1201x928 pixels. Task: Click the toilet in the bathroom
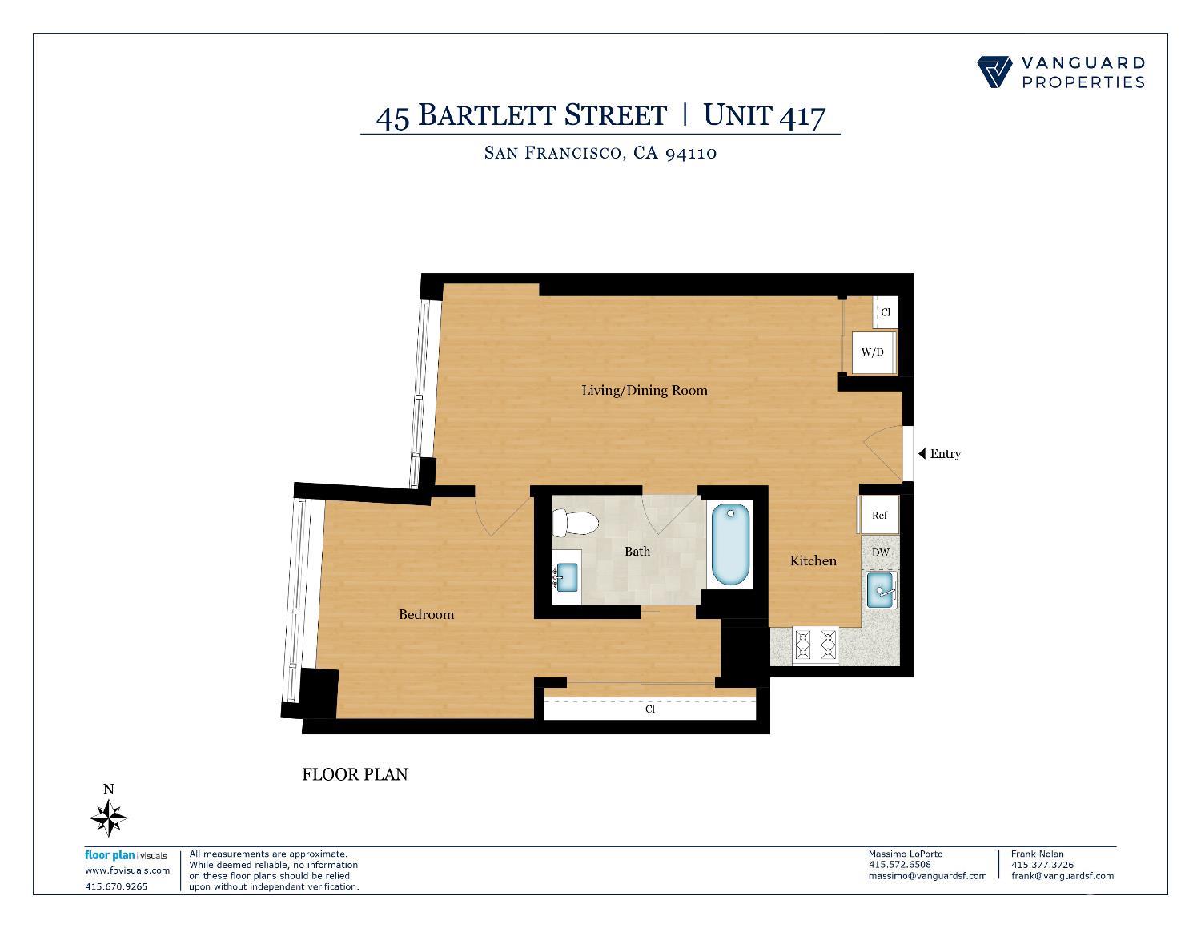pyautogui.click(x=575, y=524)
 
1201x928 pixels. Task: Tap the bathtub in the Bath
pyautogui.click(x=729, y=544)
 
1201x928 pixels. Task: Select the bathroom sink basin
pyautogui.click(x=567, y=575)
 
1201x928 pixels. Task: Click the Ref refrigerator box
pyautogui.click(x=878, y=515)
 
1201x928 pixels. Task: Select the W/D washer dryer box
pyautogui.click(x=872, y=352)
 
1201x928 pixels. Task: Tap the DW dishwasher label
pyautogui.click(x=879, y=552)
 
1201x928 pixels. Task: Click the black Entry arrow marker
pyautogui.click(x=922, y=454)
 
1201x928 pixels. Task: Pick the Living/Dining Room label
pyautogui.click(x=644, y=391)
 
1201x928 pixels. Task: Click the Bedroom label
pyautogui.click(x=426, y=614)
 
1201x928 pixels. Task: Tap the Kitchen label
pyautogui.click(x=813, y=560)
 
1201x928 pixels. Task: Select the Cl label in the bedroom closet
pyautogui.click(x=650, y=709)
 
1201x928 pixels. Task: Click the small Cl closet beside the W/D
pyautogui.click(x=886, y=312)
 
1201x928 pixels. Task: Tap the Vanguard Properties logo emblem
pyautogui.click(x=995, y=71)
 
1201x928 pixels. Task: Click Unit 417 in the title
pyautogui.click(x=764, y=115)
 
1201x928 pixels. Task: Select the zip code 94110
pyautogui.click(x=691, y=152)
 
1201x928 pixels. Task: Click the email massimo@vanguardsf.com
pyautogui.click(x=927, y=876)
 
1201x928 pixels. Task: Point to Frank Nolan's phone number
pyautogui.click(x=1042, y=865)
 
